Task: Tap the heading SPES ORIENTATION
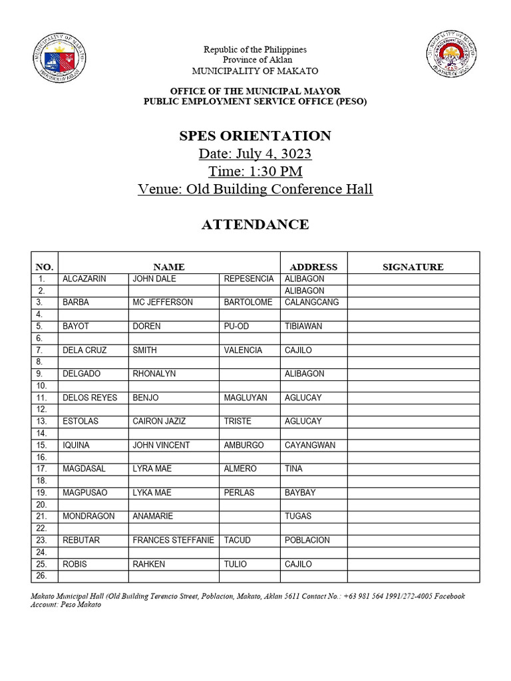255,136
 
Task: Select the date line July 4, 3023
255,154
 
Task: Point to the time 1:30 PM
255,172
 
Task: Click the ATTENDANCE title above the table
255,224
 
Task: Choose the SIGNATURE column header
413,267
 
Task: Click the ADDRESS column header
313,267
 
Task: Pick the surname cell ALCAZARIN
85,279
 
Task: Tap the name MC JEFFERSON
162,302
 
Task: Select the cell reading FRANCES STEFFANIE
173,540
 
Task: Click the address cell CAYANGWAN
310,445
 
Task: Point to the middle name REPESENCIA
248,279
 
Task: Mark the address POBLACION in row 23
307,540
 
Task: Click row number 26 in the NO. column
41,576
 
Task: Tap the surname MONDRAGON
88,516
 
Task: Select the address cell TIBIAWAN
303,326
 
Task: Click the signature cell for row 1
413,279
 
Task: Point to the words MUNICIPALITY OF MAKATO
255,71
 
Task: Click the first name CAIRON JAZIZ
159,421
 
